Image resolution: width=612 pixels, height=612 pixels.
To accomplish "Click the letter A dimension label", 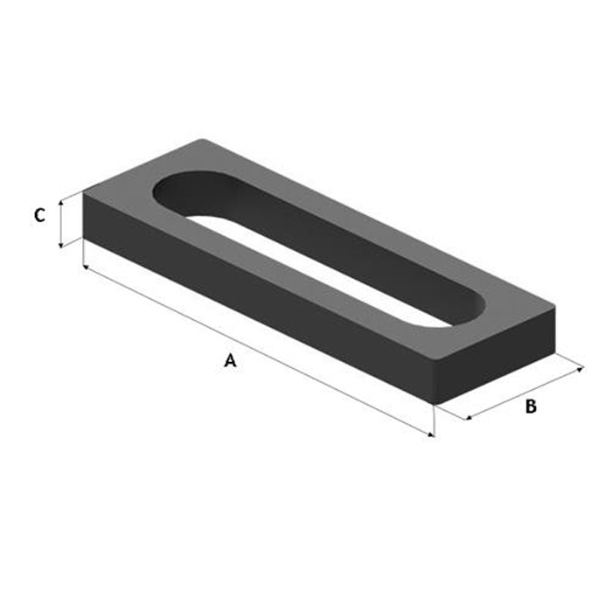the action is (230, 360).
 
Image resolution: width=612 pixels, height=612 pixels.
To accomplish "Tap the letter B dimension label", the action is (531, 407).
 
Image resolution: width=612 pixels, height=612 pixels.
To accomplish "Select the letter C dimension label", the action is (39, 215).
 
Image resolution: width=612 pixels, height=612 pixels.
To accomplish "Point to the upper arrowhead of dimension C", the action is (60, 203).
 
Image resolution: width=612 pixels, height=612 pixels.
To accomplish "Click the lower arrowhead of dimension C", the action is (60, 245).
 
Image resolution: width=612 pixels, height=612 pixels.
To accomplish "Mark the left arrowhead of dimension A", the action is (87, 268).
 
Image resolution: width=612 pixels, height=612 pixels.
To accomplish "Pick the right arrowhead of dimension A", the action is (431, 435).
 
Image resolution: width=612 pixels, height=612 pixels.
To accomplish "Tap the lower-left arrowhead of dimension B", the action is (469, 418).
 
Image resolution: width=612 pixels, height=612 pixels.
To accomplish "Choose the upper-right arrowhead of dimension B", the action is (580, 369).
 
